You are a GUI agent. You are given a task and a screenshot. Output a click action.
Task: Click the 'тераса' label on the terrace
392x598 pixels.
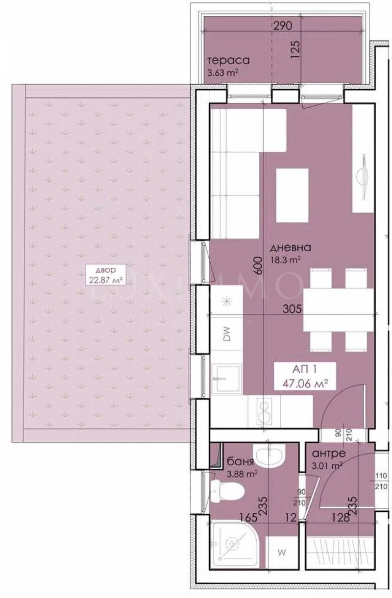(228, 61)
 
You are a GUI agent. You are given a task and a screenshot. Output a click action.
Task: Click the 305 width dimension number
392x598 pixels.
(291, 309)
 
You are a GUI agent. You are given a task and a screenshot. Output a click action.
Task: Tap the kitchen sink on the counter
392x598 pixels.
(226, 378)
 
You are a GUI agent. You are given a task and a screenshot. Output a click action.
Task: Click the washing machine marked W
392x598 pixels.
(282, 552)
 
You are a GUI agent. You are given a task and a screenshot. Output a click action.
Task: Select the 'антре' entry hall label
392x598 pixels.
(329, 454)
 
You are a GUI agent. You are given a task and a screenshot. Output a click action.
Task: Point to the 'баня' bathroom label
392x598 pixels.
(241, 462)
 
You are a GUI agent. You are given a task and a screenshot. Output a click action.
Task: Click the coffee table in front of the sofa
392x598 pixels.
(292, 195)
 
